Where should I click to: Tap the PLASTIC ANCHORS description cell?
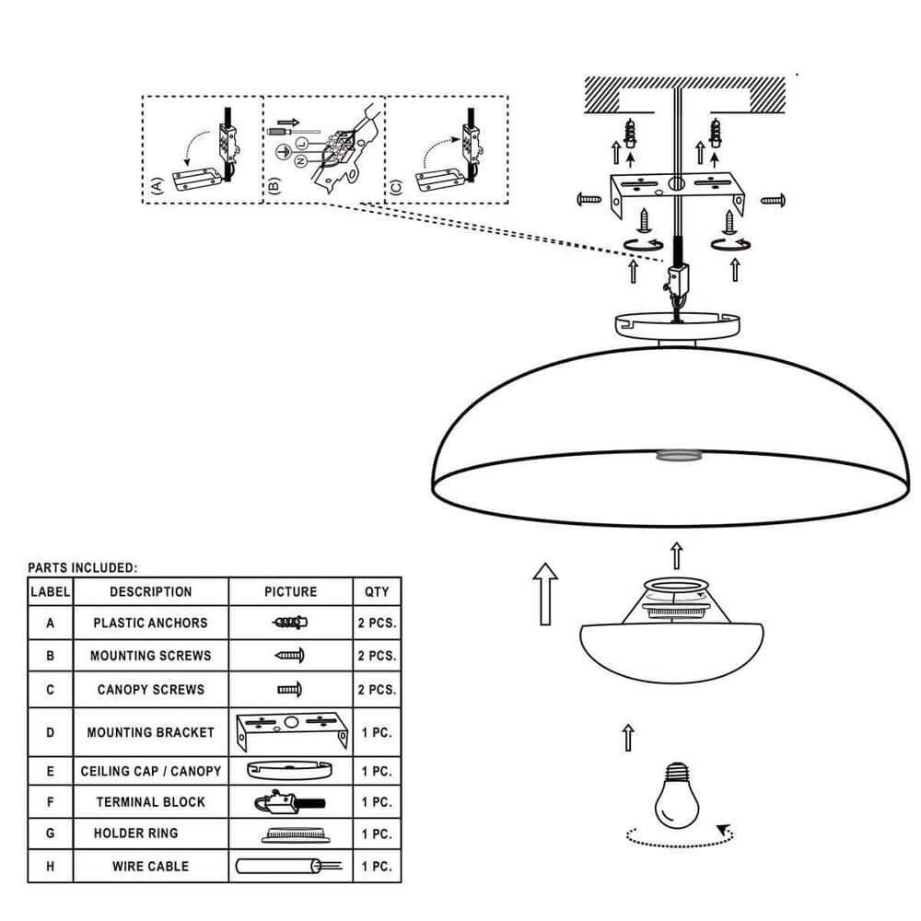[x=150, y=623]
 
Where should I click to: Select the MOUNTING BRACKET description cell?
[x=150, y=732]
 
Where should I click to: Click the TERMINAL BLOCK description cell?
[x=150, y=801]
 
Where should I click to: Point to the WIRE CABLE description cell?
[x=150, y=866]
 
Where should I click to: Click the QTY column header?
[x=377, y=591]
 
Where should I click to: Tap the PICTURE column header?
[x=290, y=591]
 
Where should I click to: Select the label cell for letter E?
[x=50, y=771]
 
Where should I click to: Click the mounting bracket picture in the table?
[x=290, y=732]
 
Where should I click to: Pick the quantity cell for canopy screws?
[x=377, y=690]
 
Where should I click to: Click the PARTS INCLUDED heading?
[x=82, y=568]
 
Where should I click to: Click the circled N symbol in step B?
[x=300, y=161]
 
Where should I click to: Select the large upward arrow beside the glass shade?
[x=545, y=594]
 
